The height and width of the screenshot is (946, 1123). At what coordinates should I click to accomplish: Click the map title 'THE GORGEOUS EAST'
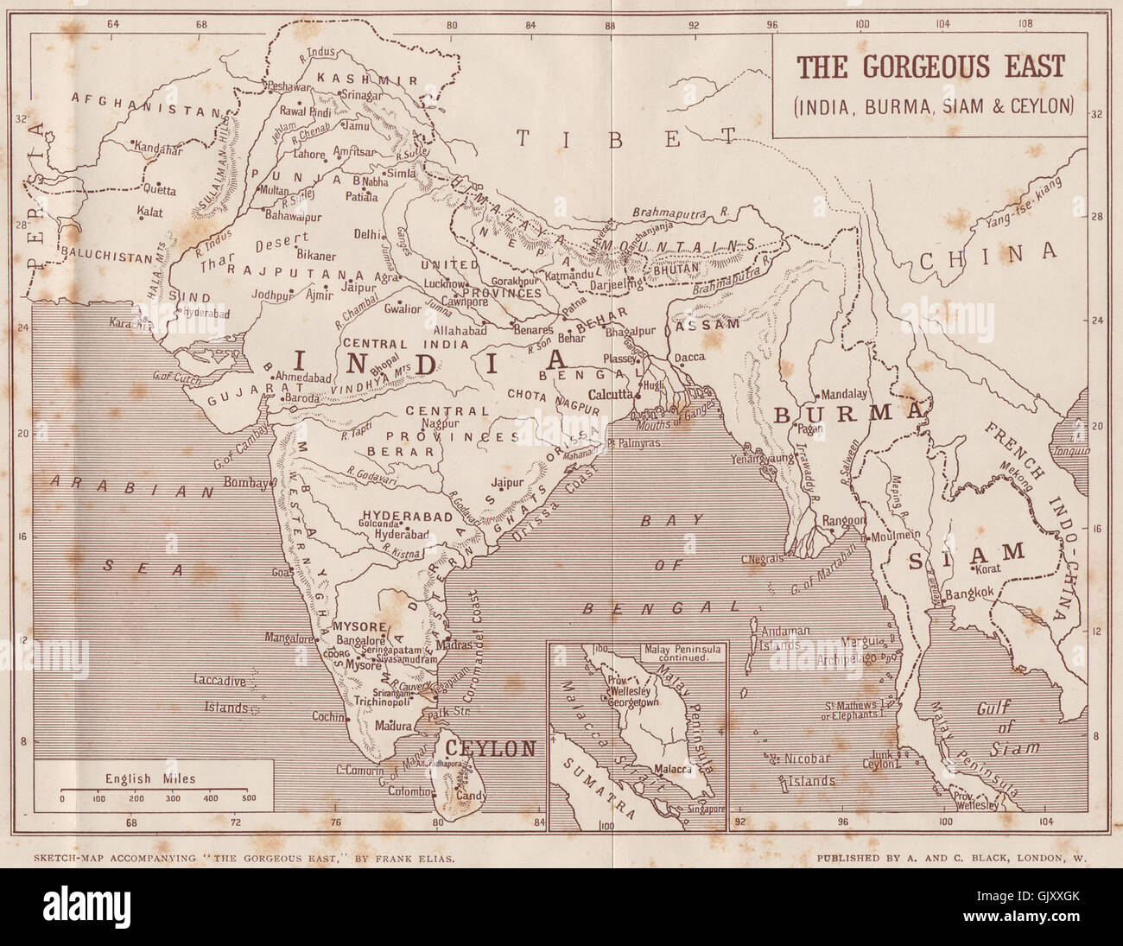[930, 67]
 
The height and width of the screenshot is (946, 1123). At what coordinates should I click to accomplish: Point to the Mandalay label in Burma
[844, 391]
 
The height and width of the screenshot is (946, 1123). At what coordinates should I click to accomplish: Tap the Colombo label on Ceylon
[409, 790]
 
